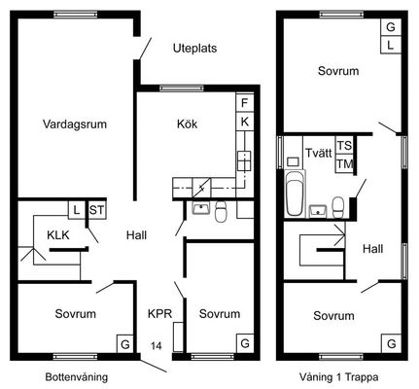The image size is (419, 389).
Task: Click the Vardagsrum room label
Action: click(x=75, y=124)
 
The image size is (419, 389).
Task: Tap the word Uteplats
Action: click(x=194, y=49)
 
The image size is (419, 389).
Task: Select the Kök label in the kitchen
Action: click(x=187, y=124)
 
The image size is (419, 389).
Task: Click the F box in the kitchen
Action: click(x=245, y=103)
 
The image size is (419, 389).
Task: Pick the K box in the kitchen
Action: click(x=245, y=122)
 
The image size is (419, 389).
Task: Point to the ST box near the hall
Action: click(x=97, y=210)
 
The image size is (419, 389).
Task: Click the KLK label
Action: click(x=58, y=235)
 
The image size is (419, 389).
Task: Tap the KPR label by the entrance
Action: click(x=159, y=314)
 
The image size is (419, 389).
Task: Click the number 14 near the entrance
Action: click(x=156, y=346)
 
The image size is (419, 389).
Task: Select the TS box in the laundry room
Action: click(x=344, y=146)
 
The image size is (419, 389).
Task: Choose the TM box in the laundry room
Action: click(x=344, y=164)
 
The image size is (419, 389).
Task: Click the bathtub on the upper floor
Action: click(x=295, y=194)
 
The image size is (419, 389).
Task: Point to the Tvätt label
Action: click(x=319, y=153)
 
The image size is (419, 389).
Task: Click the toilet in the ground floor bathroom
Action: click(x=221, y=211)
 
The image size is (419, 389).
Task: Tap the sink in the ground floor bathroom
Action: click(x=201, y=208)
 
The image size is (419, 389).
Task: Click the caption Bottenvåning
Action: click(x=77, y=377)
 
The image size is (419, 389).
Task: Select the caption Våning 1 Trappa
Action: click(x=338, y=377)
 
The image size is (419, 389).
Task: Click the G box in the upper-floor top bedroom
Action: click(x=391, y=27)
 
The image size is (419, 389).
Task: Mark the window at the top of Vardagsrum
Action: click(x=76, y=15)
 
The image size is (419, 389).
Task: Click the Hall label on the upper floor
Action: click(x=372, y=249)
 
